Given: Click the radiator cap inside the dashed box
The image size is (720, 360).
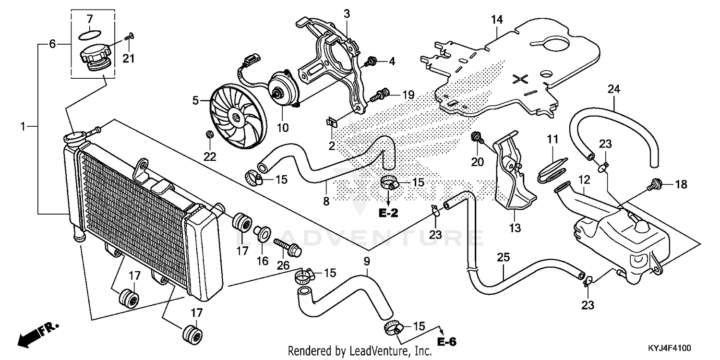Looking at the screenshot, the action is [x=95, y=59].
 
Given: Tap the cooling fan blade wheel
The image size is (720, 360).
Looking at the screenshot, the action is [x=238, y=116].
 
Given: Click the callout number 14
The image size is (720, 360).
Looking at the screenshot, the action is [x=497, y=20].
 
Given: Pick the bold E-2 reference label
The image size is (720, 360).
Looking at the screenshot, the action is [x=388, y=213].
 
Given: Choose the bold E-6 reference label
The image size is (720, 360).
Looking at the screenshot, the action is [x=447, y=342].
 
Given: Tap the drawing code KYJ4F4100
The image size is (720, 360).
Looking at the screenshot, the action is [x=669, y=348].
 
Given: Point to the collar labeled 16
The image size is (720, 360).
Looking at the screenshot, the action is [x=262, y=233].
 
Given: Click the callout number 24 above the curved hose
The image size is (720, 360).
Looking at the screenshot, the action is [x=613, y=89].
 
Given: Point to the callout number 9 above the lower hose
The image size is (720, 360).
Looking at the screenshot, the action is [x=367, y=261].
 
